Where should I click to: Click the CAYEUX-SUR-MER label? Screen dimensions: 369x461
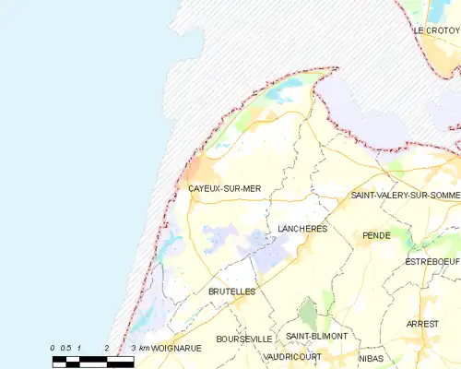(x=224, y=189)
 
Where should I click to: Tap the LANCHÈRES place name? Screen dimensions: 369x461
(x=302, y=227)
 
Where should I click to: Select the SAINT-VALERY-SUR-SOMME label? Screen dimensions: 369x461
(x=405, y=196)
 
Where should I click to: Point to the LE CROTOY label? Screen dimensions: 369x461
(x=435, y=30)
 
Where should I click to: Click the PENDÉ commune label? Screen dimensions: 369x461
(x=376, y=236)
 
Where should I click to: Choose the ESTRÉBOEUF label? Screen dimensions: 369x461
(x=432, y=263)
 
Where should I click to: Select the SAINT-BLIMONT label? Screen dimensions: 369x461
(x=316, y=336)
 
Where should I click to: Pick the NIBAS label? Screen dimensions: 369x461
(x=371, y=357)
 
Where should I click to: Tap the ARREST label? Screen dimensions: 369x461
(x=423, y=325)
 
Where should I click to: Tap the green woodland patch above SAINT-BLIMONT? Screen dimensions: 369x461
(x=308, y=312)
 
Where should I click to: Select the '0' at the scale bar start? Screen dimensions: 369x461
(x=53, y=347)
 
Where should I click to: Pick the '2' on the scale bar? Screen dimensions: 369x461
(x=107, y=347)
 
